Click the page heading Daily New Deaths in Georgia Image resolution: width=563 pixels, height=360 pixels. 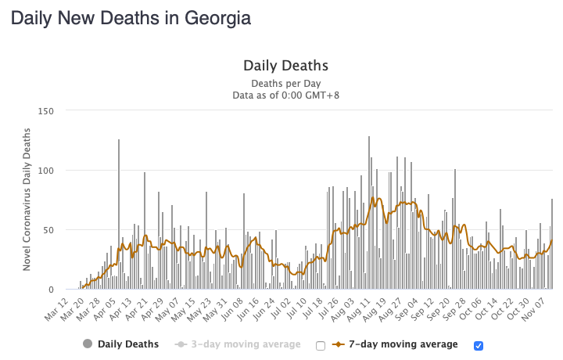pos(131,18)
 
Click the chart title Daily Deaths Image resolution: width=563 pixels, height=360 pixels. pos(285,66)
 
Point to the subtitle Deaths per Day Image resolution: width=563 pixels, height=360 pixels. pos(285,83)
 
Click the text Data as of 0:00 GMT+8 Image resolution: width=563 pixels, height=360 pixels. pos(285,95)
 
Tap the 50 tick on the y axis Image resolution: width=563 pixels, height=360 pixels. pos(47,230)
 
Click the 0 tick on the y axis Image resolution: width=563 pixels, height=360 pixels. pos(50,290)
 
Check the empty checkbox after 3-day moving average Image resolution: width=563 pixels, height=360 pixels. pos(319,345)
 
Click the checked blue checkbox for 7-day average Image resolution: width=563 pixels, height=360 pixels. pos(479,345)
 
